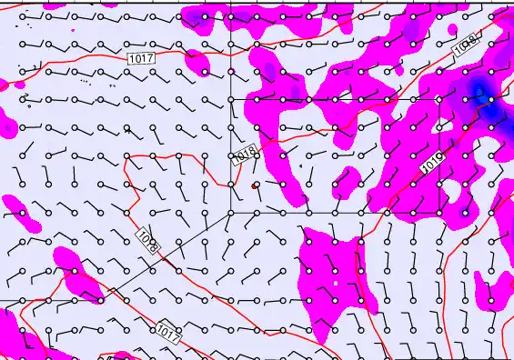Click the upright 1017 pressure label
(x=142, y=58)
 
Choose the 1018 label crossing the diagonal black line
(x=149, y=241)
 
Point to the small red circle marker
(x=255, y=185)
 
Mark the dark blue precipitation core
(x=479, y=91)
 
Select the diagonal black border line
(x=173, y=254)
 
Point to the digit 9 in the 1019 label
(x=440, y=160)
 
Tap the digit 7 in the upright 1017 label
(x=151, y=58)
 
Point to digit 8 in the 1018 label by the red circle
(x=250, y=154)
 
